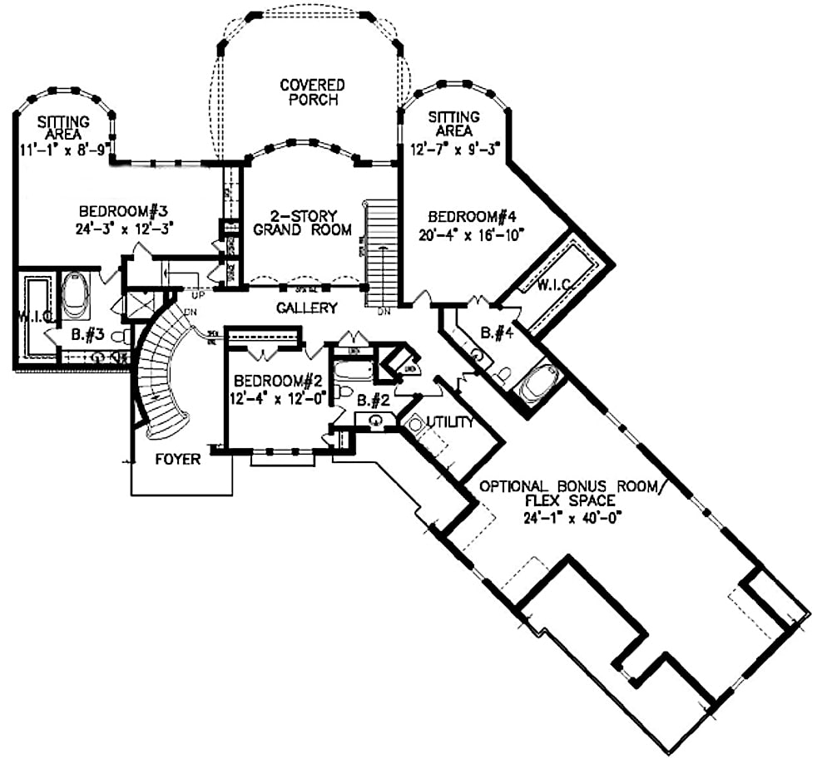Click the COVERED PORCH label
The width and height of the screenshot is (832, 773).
(x=312, y=92)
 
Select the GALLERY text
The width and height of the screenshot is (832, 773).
(x=308, y=308)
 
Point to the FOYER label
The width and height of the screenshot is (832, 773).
(x=178, y=459)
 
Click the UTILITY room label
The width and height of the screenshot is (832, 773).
(x=449, y=422)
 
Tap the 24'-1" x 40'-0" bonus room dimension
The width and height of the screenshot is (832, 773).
(x=574, y=515)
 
